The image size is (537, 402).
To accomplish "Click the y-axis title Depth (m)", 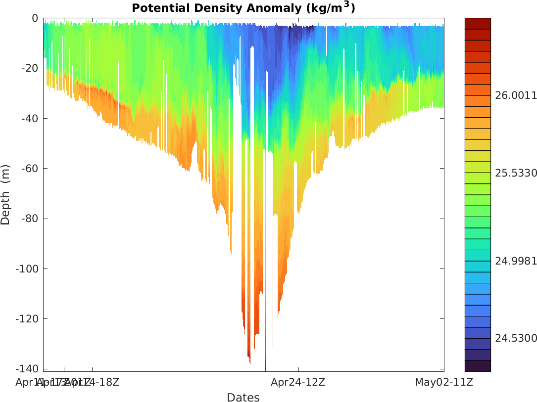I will (6, 194).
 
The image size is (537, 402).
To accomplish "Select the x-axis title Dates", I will (243, 398).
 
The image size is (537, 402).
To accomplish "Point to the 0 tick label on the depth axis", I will (35, 18).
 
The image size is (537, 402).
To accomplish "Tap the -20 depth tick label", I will (30, 68).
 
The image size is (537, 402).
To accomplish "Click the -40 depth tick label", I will (30, 119).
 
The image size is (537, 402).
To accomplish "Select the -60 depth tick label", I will (30, 169).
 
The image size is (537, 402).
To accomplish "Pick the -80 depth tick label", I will (30, 219).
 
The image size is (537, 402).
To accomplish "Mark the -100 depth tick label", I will (28, 269).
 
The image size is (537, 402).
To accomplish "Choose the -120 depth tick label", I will (28, 319).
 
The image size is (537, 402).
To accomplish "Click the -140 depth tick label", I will (28, 369).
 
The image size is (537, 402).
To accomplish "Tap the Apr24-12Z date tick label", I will (298, 382).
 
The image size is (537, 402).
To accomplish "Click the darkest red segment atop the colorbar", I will (478, 23).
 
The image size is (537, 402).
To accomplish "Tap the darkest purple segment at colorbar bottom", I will (478, 366).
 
